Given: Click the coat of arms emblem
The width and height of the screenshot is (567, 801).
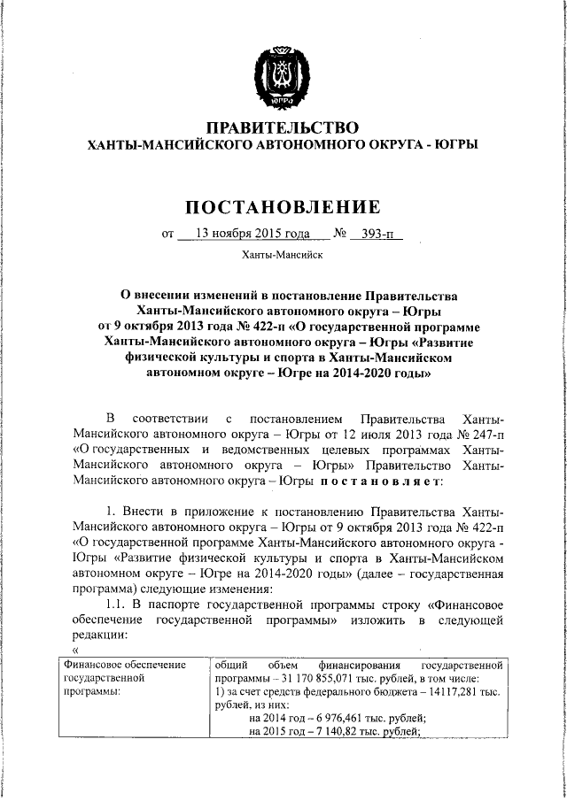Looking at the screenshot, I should [283, 78].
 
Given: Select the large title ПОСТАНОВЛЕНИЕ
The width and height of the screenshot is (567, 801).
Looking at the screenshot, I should [283, 207].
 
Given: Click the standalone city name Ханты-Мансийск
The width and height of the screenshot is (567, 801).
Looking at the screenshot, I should [283, 256].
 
